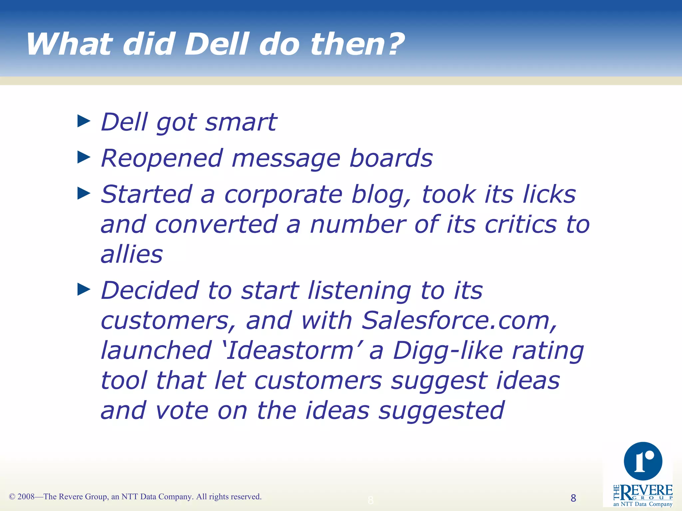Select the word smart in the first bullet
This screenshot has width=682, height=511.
(x=240, y=122)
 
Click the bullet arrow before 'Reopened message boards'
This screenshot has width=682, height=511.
(x=84, y=157)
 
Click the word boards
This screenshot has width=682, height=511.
(x=391, y=158)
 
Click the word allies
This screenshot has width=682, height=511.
(x=132, y=255)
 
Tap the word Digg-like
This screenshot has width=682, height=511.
(x=448, y=351)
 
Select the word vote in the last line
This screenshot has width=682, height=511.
(x=182, y=411)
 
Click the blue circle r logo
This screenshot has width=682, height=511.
(x=643, y=461)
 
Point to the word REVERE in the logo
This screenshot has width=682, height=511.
(x=646, y=491)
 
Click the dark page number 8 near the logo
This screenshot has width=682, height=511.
(x=573, y=498)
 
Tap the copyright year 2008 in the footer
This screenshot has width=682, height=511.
(x=26, y=497)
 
